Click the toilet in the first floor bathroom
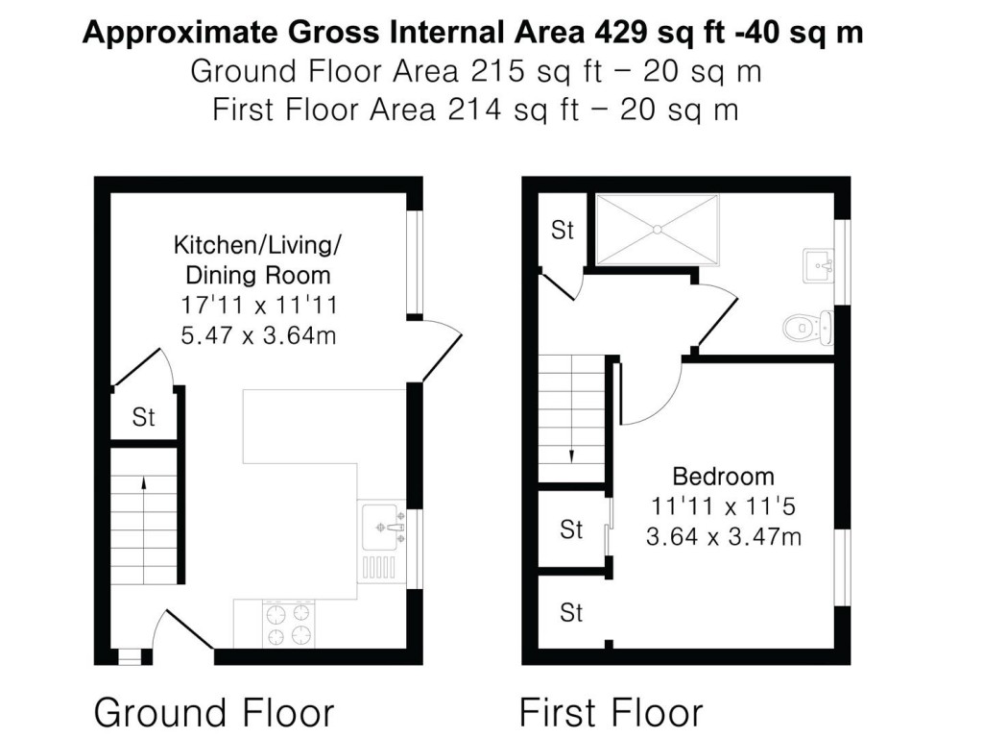point(808,327)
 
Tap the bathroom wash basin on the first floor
point(819,265)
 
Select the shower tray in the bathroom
point(657,230)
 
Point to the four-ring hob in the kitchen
point(288,625)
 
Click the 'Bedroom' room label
point(724,477)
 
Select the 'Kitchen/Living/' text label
point(257,245)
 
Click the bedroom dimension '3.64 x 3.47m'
point(724,537)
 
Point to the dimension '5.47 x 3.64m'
point(258,335)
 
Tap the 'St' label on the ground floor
point(144,417)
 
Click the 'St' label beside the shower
point(563,231)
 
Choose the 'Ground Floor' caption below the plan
point(214,712)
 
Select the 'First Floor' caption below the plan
point(611,712)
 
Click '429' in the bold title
point(621,33)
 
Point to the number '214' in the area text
point(474,110)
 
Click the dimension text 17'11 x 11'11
point(259,305)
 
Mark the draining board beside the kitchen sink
point(378,569)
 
